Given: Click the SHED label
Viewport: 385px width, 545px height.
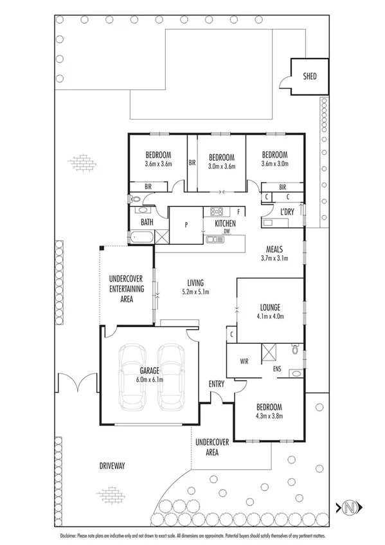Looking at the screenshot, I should pyautogui.click(x=309, y=76).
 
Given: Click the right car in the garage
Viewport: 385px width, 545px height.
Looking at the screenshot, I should pyautogui.click(x=171, y=377).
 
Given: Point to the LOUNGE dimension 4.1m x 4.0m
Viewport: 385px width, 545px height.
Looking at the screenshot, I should pyautogui.click(x=270, y=316).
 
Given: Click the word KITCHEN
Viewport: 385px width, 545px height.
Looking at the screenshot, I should pyautogui.click(x=220, y=223).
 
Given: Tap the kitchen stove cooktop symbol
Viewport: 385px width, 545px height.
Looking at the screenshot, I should pyautogui.click(x=217, y=211).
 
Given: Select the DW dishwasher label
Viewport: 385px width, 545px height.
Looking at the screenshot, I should pyautogui.click(x=227, y=231).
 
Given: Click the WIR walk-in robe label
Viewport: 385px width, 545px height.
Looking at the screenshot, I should pyautogui.click(x=244, y=361).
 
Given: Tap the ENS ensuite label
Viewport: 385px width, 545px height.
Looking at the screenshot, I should pyautogui.click(x=278, y=370).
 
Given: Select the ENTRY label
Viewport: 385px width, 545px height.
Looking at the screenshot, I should pyautogui.click(x=217, y=384).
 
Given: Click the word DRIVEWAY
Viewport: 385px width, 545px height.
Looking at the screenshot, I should pyautogui.click(x=112, y=465).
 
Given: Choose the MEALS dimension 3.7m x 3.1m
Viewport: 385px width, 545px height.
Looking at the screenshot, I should pyautogui.click(x=275, y=258).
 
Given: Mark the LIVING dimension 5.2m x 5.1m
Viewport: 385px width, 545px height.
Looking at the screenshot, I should pyautogui.click(x=195, y=292).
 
